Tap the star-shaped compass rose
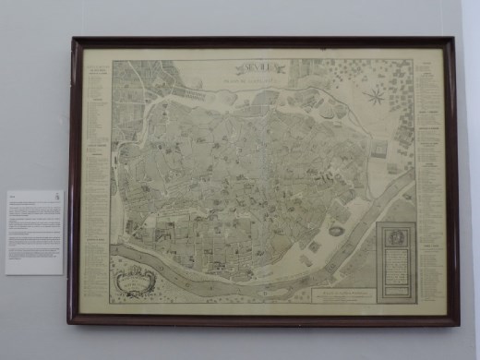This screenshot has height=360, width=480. [x=376, y=95]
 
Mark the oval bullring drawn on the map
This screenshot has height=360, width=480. [x=335, y=231]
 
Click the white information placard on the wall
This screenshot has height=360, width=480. [x=35, y=232]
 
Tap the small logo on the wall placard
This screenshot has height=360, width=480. [x=57, y=197]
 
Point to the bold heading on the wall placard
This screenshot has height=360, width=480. [x=13, y=197]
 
